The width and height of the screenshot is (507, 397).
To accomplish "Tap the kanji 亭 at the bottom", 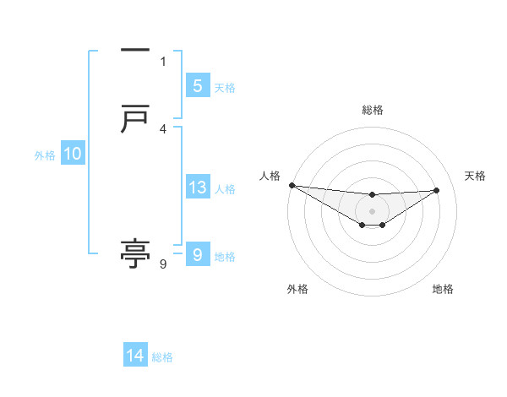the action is click(x=135, y=253).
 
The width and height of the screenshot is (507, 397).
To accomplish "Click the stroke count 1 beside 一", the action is click(x=163, y=61).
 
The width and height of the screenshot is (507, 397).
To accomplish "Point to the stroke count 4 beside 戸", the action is click(x=163, y=128).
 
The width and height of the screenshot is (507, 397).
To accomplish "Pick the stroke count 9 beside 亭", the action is click(x=163, y=264).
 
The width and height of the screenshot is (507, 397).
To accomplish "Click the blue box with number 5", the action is click(x=197, y=85).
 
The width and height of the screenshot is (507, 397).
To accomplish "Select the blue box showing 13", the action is click(x=197, y=188).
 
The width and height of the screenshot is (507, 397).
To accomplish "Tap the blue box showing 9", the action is click(x=197, y=254).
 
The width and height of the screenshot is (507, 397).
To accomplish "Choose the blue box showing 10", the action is click(x=73, y=154).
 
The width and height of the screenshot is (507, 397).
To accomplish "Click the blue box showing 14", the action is click(x=135, y=356).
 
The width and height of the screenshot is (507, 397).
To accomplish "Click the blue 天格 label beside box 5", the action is click(x=225, y=87).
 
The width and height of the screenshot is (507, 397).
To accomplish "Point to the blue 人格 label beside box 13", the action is click(x=225, y=189).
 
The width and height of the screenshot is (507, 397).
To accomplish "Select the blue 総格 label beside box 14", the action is click(x=162, y=358).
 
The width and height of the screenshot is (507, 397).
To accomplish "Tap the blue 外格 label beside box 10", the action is click(x=45, y=155).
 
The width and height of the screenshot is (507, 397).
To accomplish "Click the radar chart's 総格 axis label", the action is click(x=372, y=110).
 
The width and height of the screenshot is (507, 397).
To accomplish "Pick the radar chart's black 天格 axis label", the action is click(x=475, y=176).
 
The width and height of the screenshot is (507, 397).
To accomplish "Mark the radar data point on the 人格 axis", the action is click(x=292, y=185).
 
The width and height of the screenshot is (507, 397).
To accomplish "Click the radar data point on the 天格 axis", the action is click(x=436, y=190).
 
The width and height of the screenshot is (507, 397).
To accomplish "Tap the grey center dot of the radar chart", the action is click(x=372, y=210).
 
